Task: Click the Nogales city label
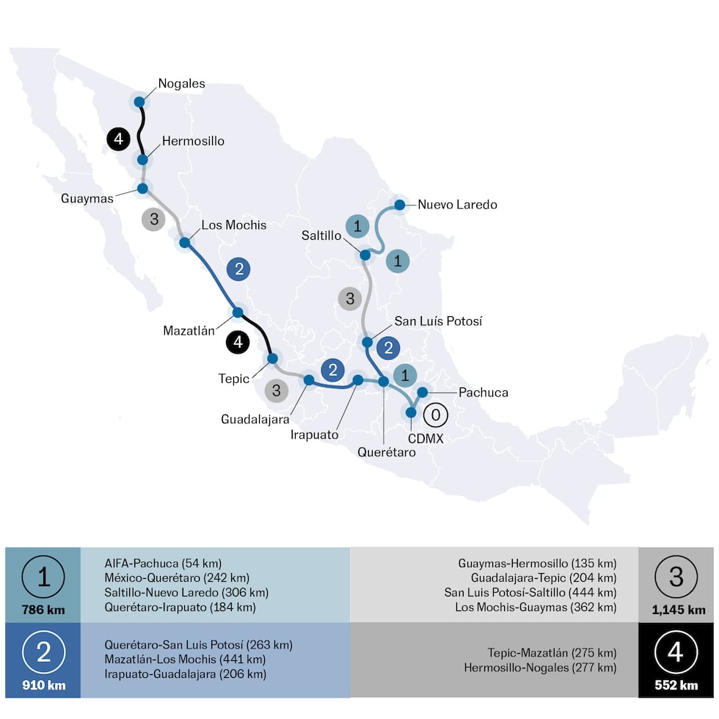pos(182,84)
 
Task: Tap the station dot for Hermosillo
pos(142,159)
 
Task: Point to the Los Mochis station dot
pos(185,242)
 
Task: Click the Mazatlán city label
pos(189,330)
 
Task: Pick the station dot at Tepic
pos(272,358)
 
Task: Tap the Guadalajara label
pos(255,419)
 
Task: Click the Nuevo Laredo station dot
pos(400,205)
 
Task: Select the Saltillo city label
pos(321,236)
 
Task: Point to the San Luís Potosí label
pos(438,321)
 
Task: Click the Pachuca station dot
pos(423,392)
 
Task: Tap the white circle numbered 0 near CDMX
pos(435,415)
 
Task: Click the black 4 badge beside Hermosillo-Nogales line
pos(117,139)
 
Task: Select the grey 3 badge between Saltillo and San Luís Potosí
pos(350,299)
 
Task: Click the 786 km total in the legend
pos(43,610)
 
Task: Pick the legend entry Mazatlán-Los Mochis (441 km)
pos(185,659)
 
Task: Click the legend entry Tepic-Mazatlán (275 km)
pos(552,652)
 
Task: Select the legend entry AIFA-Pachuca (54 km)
pos(163,563)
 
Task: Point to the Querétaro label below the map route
pos(387,453)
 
